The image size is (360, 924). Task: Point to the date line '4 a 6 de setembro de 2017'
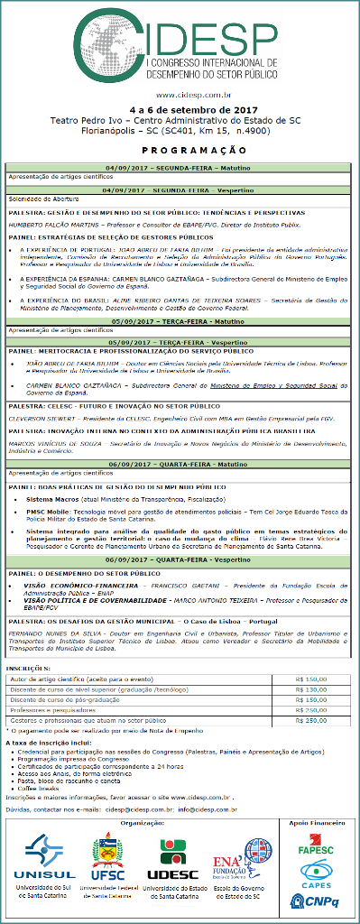coord(180,110)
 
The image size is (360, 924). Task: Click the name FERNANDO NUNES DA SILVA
coord(47,609)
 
